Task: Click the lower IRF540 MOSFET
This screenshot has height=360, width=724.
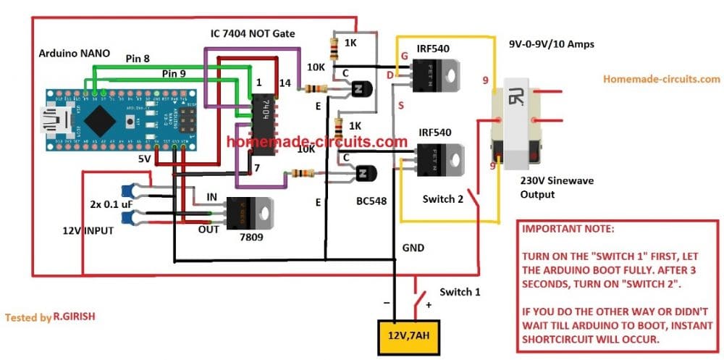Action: pyautogui.click(x=432, y=157)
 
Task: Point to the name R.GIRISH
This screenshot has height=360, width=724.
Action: pyautogui.click(x=77, y=317)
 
